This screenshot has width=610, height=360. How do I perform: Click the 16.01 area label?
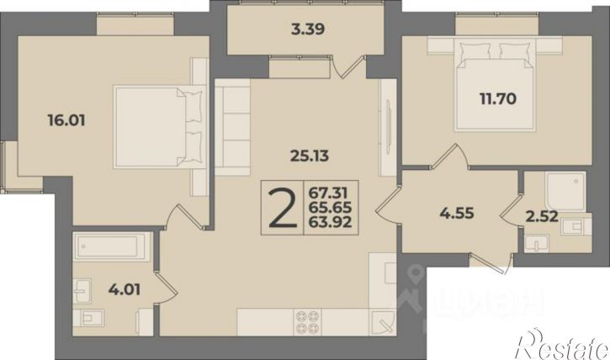[66, 120]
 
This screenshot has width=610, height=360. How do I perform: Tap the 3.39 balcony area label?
[308, 29]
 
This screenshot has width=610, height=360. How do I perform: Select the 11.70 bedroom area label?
[498, 98]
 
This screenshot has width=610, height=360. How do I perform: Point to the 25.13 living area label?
[310, 156]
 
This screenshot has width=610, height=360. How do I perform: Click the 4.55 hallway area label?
[457, 213]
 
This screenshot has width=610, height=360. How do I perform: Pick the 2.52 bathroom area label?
[542, 216]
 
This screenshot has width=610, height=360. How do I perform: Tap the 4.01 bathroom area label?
[125, 289]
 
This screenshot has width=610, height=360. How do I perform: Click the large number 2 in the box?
[283, 208]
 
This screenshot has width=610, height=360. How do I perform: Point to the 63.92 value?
[330, 222]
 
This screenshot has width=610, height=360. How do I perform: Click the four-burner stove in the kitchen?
[308, 322]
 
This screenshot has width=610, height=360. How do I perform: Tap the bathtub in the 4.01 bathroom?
[112, 246]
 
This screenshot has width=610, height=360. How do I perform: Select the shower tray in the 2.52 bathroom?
[565, 191]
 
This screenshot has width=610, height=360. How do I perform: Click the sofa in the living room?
[232, 127]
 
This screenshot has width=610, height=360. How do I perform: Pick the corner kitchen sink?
[383, 322]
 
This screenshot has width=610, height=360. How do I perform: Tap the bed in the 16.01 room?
[158, 127]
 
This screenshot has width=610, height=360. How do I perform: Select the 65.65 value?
[330, 207]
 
